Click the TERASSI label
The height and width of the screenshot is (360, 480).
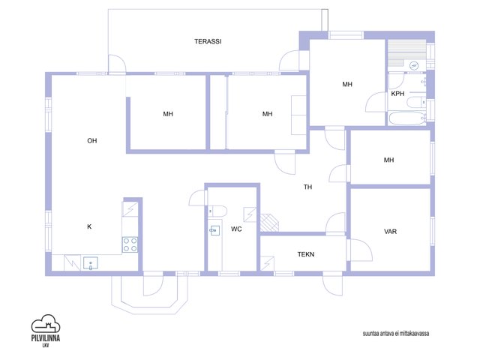coord(208,41)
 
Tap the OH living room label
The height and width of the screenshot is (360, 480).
coord(91,141)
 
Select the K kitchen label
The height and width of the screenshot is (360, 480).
coord(89,226)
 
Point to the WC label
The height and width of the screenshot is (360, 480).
coord(236,229)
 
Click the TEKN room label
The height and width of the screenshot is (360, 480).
coord(306,254)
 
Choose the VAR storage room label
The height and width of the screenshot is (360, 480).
coord(390,232)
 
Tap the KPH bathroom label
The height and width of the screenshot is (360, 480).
coord(397,94)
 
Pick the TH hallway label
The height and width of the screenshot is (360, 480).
coord(307,187)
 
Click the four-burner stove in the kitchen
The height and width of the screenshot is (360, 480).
coord(130,245)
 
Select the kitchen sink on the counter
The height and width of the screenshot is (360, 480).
coord(91,263)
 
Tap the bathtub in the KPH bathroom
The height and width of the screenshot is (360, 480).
coord(407,118)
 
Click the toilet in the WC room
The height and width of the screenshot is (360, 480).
coord(217,211)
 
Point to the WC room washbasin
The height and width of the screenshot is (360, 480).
coord(214,229)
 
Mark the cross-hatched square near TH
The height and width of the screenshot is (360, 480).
coord(269,222)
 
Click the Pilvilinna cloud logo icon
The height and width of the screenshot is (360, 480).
coord(46,323)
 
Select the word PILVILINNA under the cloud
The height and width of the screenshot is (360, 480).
coord(46,338)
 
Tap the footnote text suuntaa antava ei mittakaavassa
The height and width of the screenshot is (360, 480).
coord(396,333)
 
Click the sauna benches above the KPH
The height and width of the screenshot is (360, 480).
coord(406,52)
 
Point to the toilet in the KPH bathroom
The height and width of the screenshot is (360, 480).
coord(416,102)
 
